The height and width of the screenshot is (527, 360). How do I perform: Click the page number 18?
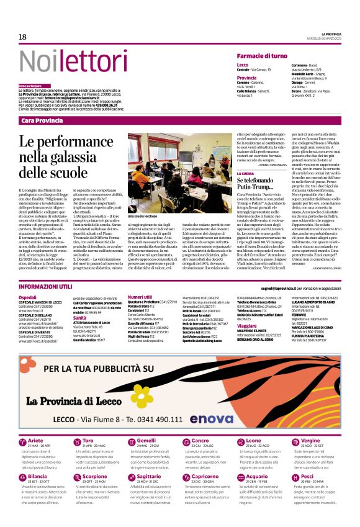coord(22,37)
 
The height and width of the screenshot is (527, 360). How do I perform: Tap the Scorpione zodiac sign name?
coord(95,477)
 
